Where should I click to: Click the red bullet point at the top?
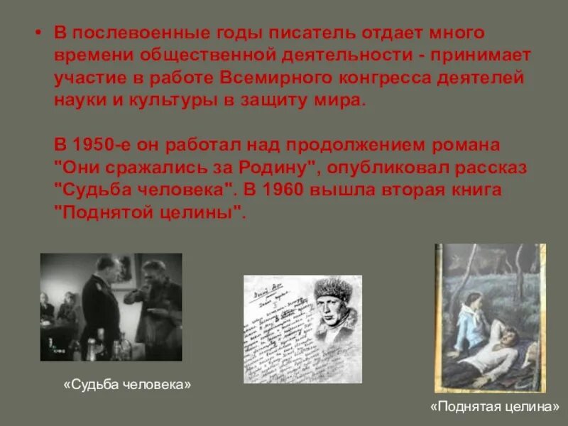click(41, 34)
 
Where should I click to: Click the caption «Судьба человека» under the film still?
click(127, 384)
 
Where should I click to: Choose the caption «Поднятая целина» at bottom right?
click(494, 408)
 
